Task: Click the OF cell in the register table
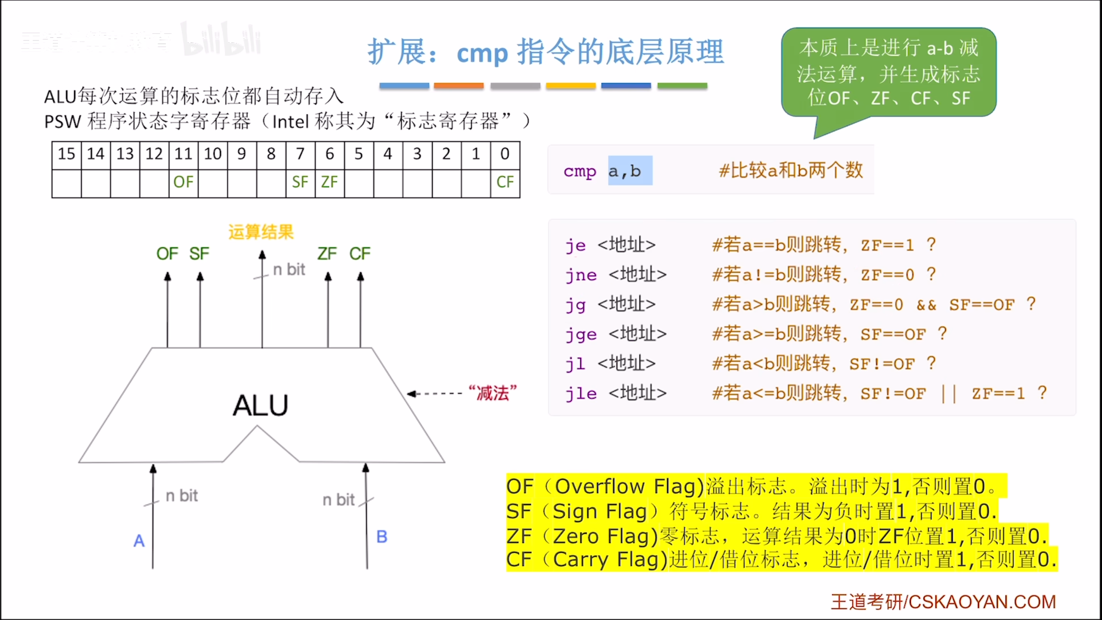pyautogui.click(x=183, y=182)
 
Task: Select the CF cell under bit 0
pyautogui.click(x=505, y=182)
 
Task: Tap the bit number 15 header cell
pyautogui.click(x=67, y=154)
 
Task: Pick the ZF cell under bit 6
pyautogui.click(x=329, y=182)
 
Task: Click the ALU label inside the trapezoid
pyautogui.click(x=260, y=406)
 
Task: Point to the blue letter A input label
pyautogui.click(x=139, y=541)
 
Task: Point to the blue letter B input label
pyautogui.click(x=382, y=537)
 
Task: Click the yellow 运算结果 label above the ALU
pyautogui.click(x=261, y=232)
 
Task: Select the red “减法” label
pyautogui.click(x=493, y=393)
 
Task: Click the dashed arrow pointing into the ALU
pyautogui.click(x=435, y=394)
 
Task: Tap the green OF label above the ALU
pyautogui.click(x=167, y=254)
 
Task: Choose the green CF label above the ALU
pyautogui.click(x=360, y=254)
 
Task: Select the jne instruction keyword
pyautogui.click(x=582, y=275)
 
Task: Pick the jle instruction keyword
pyautogui.click(x=582, y=394)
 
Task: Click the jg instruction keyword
pyautogui.click(x=576, y=305)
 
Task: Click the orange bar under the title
pyautogui.click(x=459, y=86)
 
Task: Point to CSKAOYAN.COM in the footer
pyautogui.click(x=982, y=602)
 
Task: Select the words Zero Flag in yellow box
pyautogui.click(x=604, y=536)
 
